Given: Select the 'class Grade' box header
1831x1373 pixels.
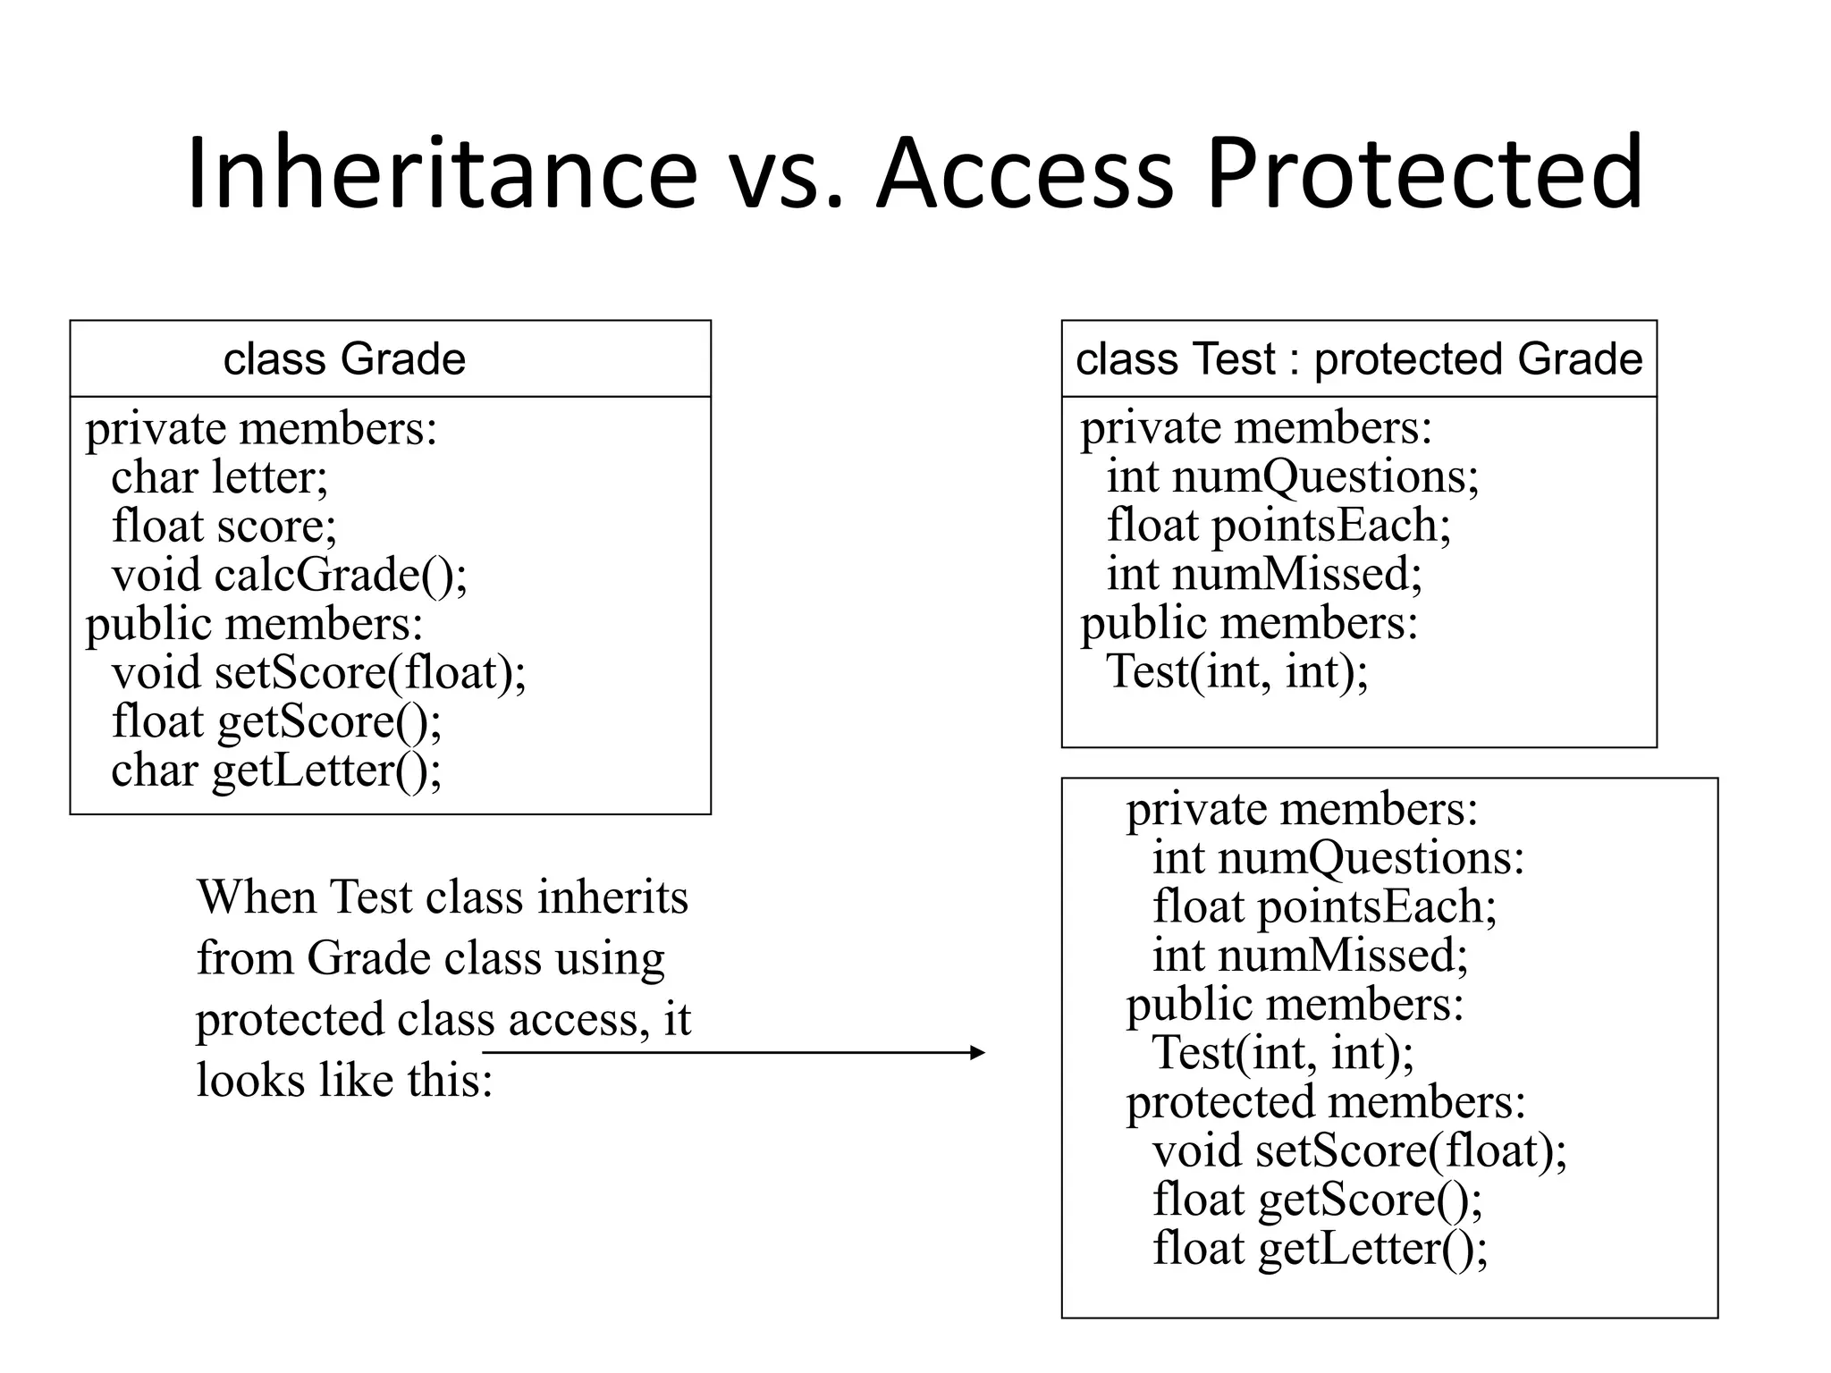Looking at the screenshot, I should point(344,359).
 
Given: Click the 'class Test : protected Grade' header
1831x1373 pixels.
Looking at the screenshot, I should point(1358,359).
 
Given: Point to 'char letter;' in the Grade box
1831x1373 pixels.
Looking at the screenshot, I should point(219,477).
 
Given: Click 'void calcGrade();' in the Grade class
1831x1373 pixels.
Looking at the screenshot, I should point(289,575).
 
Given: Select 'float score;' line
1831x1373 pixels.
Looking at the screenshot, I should point(224,526).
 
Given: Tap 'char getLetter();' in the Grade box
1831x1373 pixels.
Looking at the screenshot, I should point(276,771).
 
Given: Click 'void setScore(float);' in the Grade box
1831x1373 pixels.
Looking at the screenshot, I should point(318,673).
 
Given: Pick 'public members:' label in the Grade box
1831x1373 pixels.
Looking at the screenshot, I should point(254,624).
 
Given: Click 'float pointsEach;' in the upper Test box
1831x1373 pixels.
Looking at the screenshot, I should point(1278,525).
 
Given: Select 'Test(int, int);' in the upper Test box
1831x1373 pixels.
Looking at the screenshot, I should point(1236,672).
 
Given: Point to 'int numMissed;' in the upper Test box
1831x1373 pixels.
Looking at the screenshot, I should point(1263,574).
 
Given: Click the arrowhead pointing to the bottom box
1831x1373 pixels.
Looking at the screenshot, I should point(977,1053).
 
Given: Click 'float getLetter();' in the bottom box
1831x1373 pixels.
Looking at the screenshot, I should point(1320,1249).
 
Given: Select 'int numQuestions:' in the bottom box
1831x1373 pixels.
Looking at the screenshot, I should point(1337,858).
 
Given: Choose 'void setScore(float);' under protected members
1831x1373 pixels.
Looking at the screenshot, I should point(1359,1151).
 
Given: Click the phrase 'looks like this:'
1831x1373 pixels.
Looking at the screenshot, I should point(344,1080).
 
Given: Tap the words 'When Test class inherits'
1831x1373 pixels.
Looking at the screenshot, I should point(443,897).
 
